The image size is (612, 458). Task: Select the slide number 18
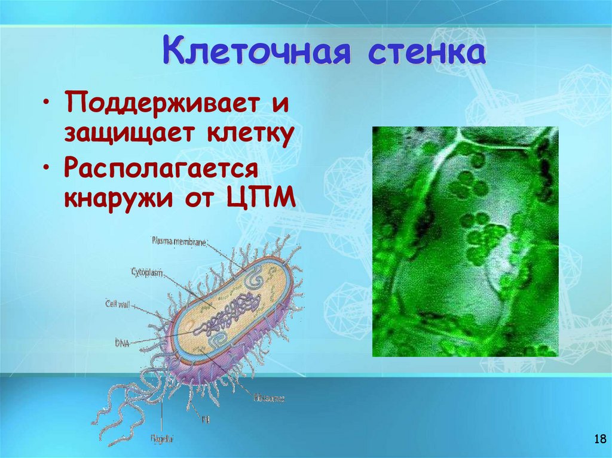599,440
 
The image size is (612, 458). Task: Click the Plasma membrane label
179,241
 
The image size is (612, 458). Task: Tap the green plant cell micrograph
465,241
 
